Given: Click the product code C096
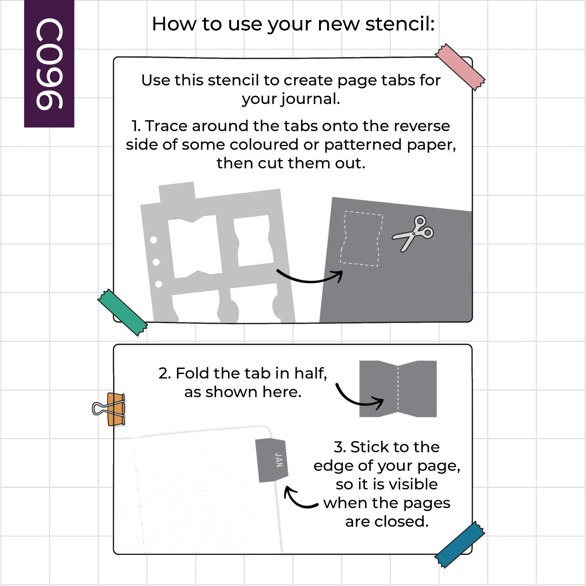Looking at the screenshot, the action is [50, 64].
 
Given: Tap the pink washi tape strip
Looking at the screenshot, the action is [460, 67].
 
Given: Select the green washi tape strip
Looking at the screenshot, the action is [122, 312].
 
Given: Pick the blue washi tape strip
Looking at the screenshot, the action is [460, 545].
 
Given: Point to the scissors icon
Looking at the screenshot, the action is [413, 233].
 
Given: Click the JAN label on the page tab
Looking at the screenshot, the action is [279, 460].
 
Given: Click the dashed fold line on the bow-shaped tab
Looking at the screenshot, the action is [398, 389].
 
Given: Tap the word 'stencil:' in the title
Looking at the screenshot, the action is [400, 24].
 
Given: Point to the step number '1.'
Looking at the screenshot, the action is [136, 126].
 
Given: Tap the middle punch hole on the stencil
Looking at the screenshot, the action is [156, 262].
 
